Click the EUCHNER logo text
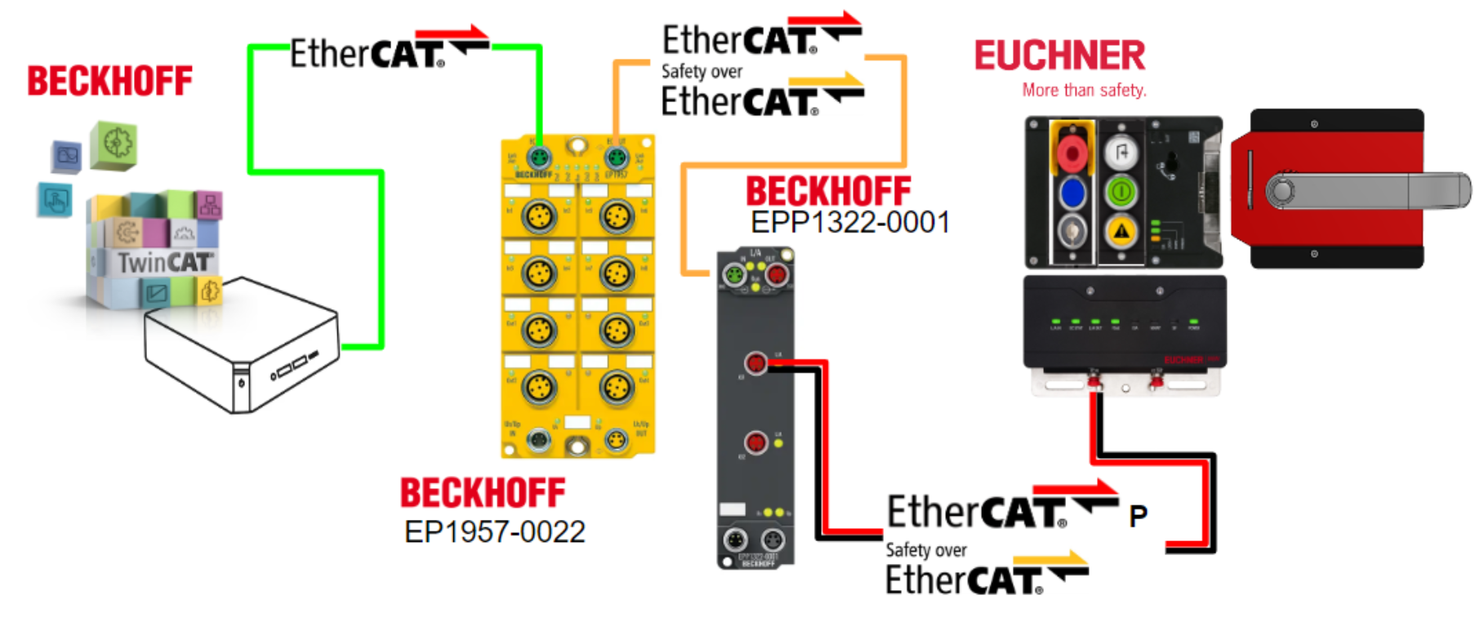[x=1059, y=56]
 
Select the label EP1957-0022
[x=494, y=532]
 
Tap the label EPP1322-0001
[x=849, y=222]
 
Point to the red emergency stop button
[x=1071, y=153]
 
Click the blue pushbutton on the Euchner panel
[x=1072, y=193]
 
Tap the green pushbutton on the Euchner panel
[x=1121, y=193]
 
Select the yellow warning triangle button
[x=1121, y=231]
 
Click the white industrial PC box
[x=241, y=343]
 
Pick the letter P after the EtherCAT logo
[x=1138, y=516]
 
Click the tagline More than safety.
[x=1084, y=91]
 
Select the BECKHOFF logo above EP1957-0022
[x=482, y=493]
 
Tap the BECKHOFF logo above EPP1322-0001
[x=827, y=191]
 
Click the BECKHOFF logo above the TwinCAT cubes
[x=109, y=82]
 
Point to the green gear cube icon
[x=114, y=144]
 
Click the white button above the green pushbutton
[x=1121, y=152]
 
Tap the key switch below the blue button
[x=1072, y=231]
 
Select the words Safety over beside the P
[x=925, y=550]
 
